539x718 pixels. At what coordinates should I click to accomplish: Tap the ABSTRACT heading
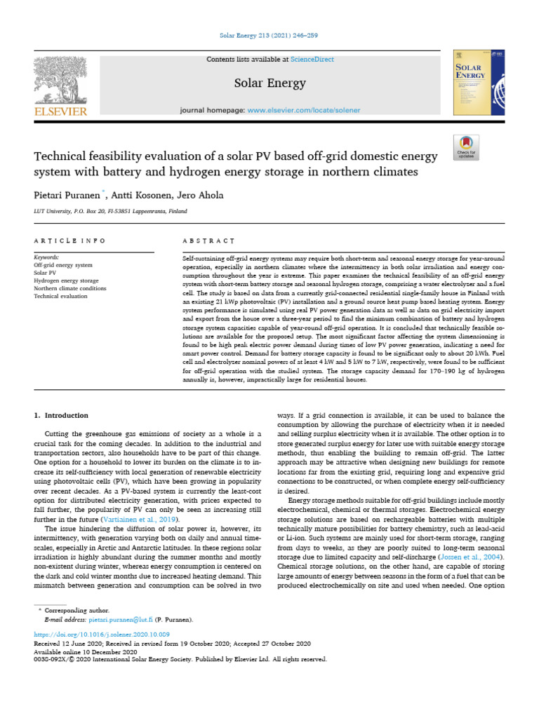[199, 241]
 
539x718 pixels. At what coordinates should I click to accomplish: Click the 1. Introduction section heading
[62, 416]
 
